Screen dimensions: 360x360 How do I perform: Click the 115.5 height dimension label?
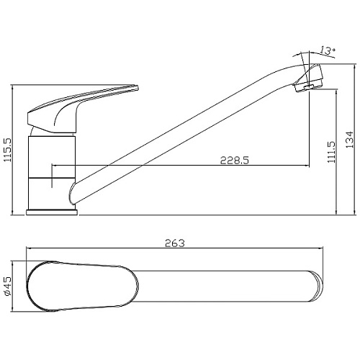tap(8, 150)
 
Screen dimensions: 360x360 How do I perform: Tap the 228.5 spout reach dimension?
tap(235, 160)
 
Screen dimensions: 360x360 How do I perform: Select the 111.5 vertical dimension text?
tap(331, 152)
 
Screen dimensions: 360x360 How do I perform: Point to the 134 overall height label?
tap(350, 140)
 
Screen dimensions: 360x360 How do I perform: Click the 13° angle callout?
tap(328, 51)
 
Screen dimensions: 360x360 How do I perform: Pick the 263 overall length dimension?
tap(175, 243)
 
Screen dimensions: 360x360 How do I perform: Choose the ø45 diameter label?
tap(8, 286)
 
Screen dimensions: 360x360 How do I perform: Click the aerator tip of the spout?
tap(309, 78)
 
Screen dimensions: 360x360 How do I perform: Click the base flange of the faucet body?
tap(52, 212)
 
